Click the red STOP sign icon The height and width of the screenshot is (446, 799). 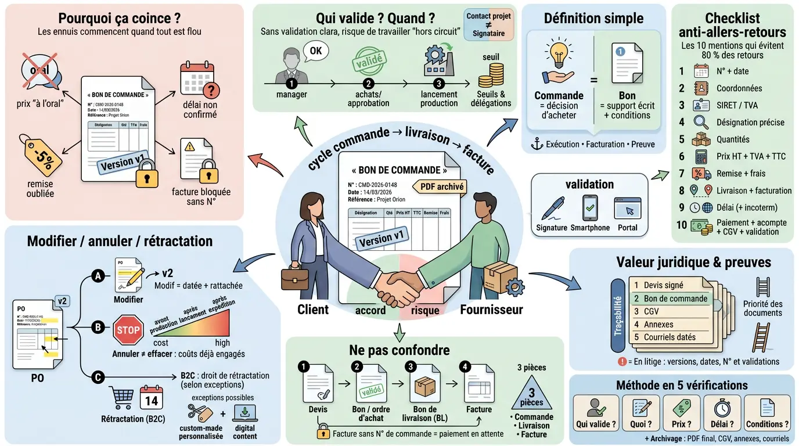tap(128, 329)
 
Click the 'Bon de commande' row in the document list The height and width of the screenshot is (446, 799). tap(671, 298)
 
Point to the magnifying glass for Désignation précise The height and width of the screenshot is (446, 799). tap(701, 123)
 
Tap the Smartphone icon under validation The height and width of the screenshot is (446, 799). tap(590, 208)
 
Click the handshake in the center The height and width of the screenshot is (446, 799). tap(399, 282)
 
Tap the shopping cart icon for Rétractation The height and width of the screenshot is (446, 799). tap(121, 398)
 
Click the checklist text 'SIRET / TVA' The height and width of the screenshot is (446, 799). tap(737, 106)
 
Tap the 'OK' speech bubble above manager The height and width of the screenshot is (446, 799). tap(315, 51)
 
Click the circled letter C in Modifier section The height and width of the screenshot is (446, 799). tap(98, 378)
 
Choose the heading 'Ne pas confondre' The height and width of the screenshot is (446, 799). tap(399, 350)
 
